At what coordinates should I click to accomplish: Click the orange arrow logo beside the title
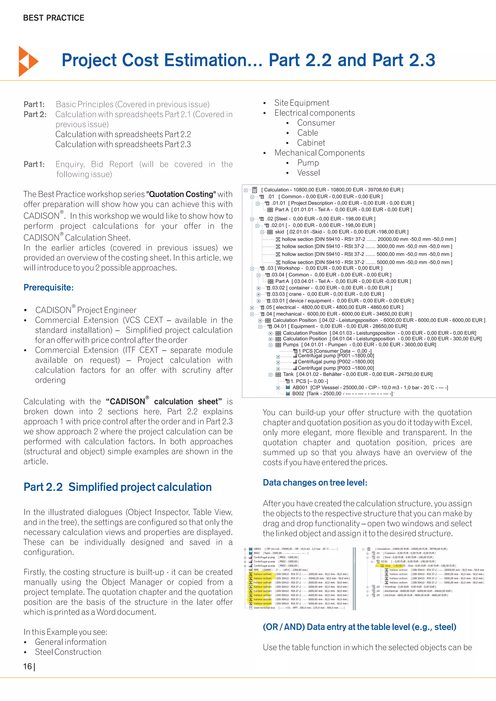click(x=28, y=61)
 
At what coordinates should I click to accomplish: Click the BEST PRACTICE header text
click(x=54, y=18)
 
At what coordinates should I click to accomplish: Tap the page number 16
click(x=28, y=666)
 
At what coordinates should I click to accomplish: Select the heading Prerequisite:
click(x=49, y=287)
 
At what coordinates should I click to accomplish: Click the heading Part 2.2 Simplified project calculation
click(x=118, y=487)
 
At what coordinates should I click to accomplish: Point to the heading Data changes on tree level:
click(x=315, y=482)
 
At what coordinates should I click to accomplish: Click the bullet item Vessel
click(x=309, y=173)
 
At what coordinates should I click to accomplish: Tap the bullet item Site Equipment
click(x=302, y=103)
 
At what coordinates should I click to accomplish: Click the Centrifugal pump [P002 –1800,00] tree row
click(x=336, y=362)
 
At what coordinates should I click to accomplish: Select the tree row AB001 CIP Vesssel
click(x=370, y=388)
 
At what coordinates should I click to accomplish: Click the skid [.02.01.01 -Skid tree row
click(x=341, y=232)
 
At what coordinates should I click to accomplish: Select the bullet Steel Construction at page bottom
click(x=68, y=652)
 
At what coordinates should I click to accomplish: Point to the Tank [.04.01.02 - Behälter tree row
click(x=357, y=374)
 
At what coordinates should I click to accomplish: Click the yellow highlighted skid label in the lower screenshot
click(x=387, y=566)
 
